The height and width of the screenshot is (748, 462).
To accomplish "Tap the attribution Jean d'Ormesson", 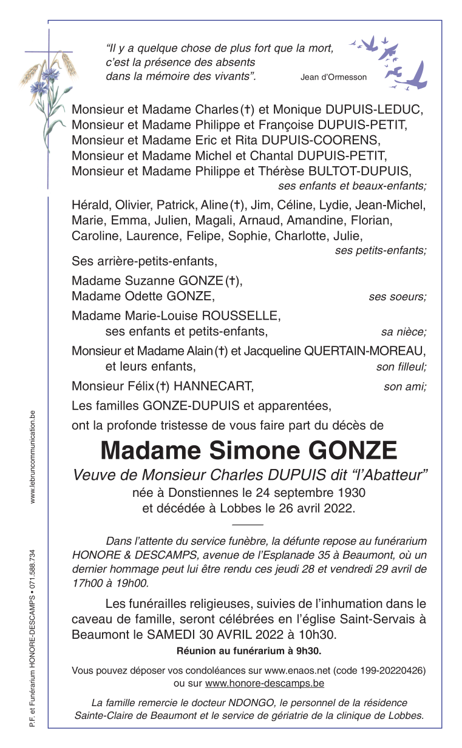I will (x=333, y=77).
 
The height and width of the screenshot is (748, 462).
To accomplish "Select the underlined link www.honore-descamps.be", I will (x=264, y=683).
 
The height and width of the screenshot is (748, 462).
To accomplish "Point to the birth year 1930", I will (x=352, y=492).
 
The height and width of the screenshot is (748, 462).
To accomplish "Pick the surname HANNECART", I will (x=212, y=386).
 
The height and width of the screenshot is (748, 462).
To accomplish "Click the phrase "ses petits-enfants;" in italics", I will (x=380, y=251).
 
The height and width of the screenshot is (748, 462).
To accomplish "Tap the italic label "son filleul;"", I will (x=401, y=366).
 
